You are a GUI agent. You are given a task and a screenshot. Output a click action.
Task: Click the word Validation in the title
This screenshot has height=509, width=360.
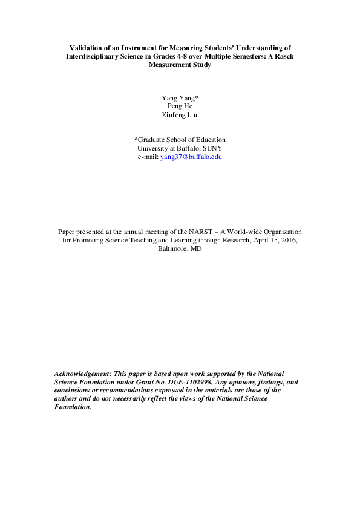[x=85, y=47]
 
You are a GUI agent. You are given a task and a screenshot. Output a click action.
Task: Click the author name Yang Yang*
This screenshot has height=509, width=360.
[x=180, y=97]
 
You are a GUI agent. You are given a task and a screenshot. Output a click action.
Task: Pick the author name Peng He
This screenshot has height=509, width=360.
[x=180, y=106]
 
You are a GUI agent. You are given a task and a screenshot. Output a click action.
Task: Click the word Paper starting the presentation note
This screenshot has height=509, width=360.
[x=67, y=232]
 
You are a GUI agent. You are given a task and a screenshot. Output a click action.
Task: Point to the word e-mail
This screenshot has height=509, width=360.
[x=148, y=157]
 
